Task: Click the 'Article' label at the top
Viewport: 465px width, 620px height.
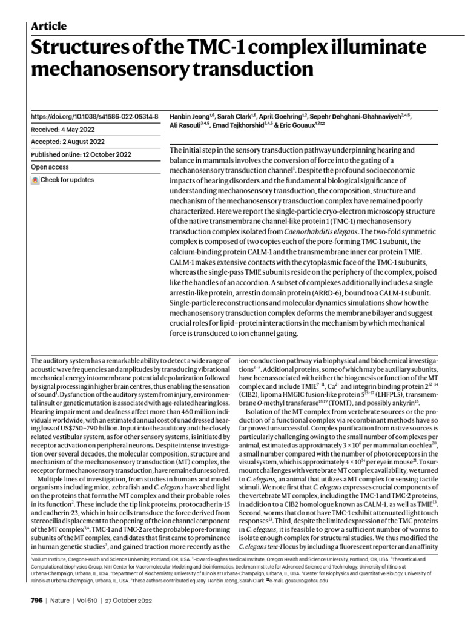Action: coord(48,26)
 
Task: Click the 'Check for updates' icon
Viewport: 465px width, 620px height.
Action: coord(36,180)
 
